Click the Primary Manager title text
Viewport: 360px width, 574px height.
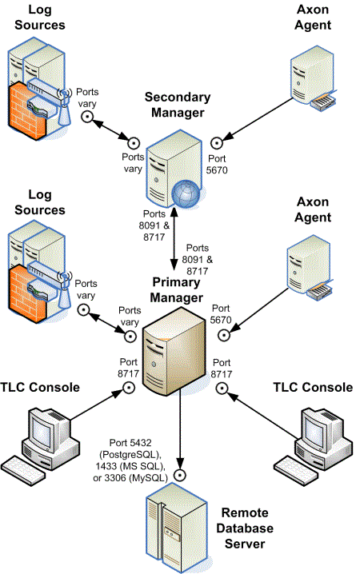pos(175,291)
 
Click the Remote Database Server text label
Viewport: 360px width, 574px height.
pos(247,528)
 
